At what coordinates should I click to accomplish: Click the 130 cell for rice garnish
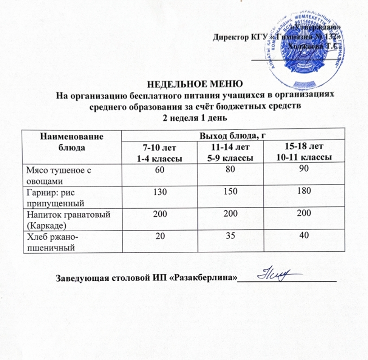[x=157, y=192]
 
